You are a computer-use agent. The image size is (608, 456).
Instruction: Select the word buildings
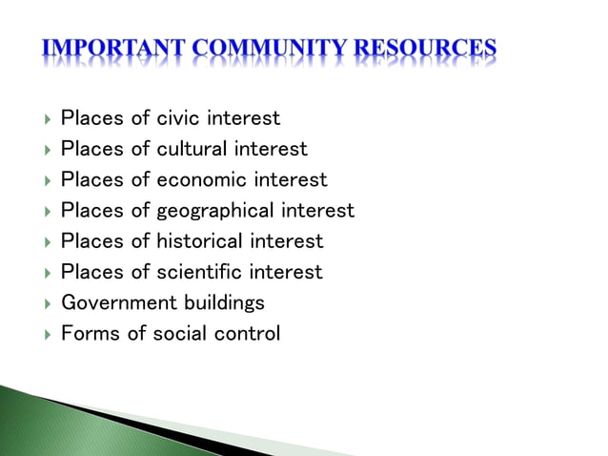click(x=224, y=302)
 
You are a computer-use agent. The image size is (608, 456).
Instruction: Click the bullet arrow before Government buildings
click(x=47, y=303)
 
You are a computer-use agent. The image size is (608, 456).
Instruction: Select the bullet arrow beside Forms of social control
click(x=47, y=334)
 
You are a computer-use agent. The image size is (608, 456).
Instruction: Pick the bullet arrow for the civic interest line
click(x=47, y=119)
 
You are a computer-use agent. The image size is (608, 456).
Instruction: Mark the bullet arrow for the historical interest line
click(x=47, y=241)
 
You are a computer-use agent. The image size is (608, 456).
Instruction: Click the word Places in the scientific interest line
click(x=91, y=272)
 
